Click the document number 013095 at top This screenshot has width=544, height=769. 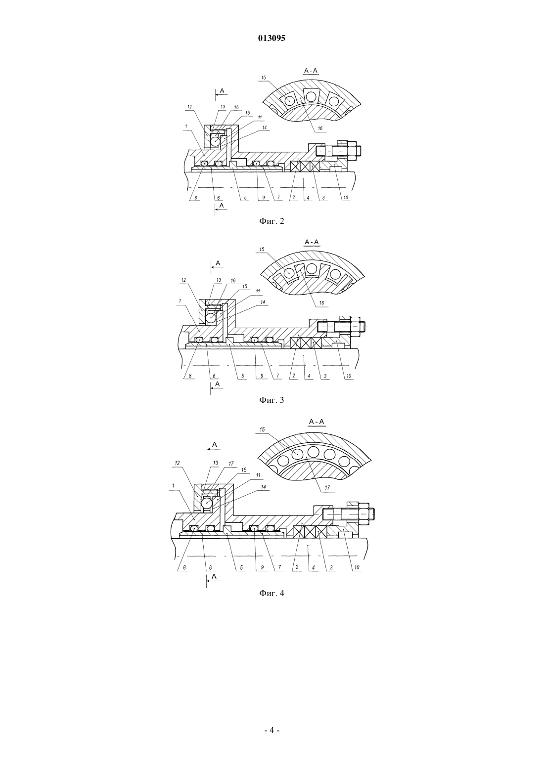[272, 39]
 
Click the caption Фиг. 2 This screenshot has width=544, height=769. [272, 221]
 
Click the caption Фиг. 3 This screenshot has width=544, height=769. [272, 400]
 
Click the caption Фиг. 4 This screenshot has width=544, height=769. [272, 593]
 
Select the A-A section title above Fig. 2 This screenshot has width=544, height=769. [311, 71]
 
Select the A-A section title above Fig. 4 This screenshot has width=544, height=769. [317, 422]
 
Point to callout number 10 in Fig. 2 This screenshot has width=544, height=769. [346, 198]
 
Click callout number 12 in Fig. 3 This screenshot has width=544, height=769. [183, 280]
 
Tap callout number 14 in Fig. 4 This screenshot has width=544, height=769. [264, 487]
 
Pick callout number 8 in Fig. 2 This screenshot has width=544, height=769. [195, 198]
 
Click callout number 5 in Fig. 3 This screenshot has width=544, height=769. [242, 376]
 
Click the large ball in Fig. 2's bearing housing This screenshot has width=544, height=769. [215, 141]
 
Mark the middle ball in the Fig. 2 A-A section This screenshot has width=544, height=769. [311, 96]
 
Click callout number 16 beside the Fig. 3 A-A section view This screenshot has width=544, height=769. [321, 303]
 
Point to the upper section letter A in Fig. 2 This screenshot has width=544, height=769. [222, 90]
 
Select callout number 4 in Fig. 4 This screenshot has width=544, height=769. [314, 567]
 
